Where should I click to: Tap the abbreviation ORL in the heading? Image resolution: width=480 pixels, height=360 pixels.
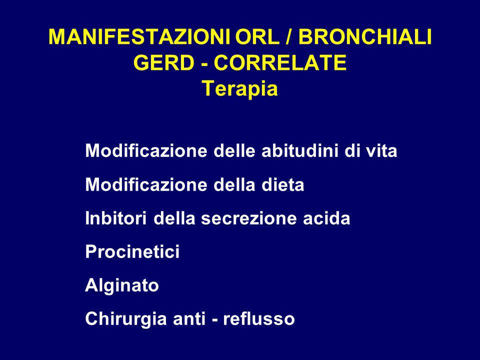click(x=257, y=36)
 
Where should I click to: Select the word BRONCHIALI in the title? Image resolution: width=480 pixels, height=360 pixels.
click(x=365, y=36)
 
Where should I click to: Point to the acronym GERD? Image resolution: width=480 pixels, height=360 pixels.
click(x=164, y=63)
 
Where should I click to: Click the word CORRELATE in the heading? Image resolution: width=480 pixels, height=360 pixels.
click(x=280, y=63)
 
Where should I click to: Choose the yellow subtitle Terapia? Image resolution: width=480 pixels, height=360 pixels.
click(x=240, y=89)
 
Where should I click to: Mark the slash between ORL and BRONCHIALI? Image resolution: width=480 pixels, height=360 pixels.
click(x=289, y=36)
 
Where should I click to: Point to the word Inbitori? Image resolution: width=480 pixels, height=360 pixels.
click(x=115, y=218)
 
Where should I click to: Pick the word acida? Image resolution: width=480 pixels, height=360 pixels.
click(x=326, y=218)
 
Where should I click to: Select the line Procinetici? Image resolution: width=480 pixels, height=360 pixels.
click(x=132, y=251)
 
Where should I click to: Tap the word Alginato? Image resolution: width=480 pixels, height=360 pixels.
click(x=122, y=286)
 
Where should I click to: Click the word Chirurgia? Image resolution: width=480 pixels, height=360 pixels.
click(x=126, y=319)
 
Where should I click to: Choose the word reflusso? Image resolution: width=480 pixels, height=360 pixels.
click(x=258, y=318)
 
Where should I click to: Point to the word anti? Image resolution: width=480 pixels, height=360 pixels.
click(x=189, y=318)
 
